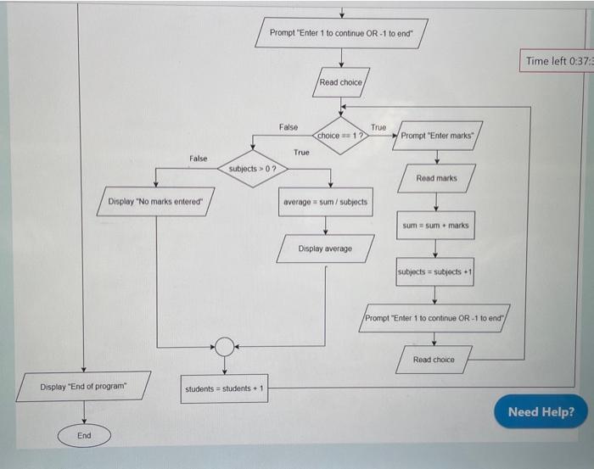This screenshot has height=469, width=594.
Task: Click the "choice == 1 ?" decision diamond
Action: [x=340, y=135]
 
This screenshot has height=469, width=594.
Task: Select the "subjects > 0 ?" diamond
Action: [x=252, y=169]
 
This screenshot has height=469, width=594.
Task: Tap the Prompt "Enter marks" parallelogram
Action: [x=438, y=135]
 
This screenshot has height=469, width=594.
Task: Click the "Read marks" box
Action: [x=436, y=178]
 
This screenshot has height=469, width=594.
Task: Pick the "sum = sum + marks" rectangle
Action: [x=435, y=226]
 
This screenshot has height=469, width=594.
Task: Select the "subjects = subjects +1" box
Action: [x=434, y=271]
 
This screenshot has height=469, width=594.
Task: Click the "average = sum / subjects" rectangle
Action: [x=326, y=202]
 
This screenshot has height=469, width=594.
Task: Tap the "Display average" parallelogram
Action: [x=325, y=248]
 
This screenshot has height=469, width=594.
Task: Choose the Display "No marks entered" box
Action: [x=156, y=202]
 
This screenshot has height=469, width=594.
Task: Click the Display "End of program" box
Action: [x=83, y=387]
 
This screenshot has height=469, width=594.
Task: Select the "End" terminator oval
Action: [x=84, y=435]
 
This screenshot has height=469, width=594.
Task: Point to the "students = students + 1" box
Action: [x=225, y=388]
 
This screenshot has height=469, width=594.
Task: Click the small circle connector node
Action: [x=224, y=346]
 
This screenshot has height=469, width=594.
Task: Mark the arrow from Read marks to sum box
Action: [x=436, y=202]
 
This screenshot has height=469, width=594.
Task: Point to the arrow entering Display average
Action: [x=326, y=225]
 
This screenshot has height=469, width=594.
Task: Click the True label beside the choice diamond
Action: [x=378, y=127]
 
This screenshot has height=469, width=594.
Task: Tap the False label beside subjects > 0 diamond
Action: [x=198, y=159]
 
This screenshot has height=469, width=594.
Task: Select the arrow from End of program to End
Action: [x=84, y=412]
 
